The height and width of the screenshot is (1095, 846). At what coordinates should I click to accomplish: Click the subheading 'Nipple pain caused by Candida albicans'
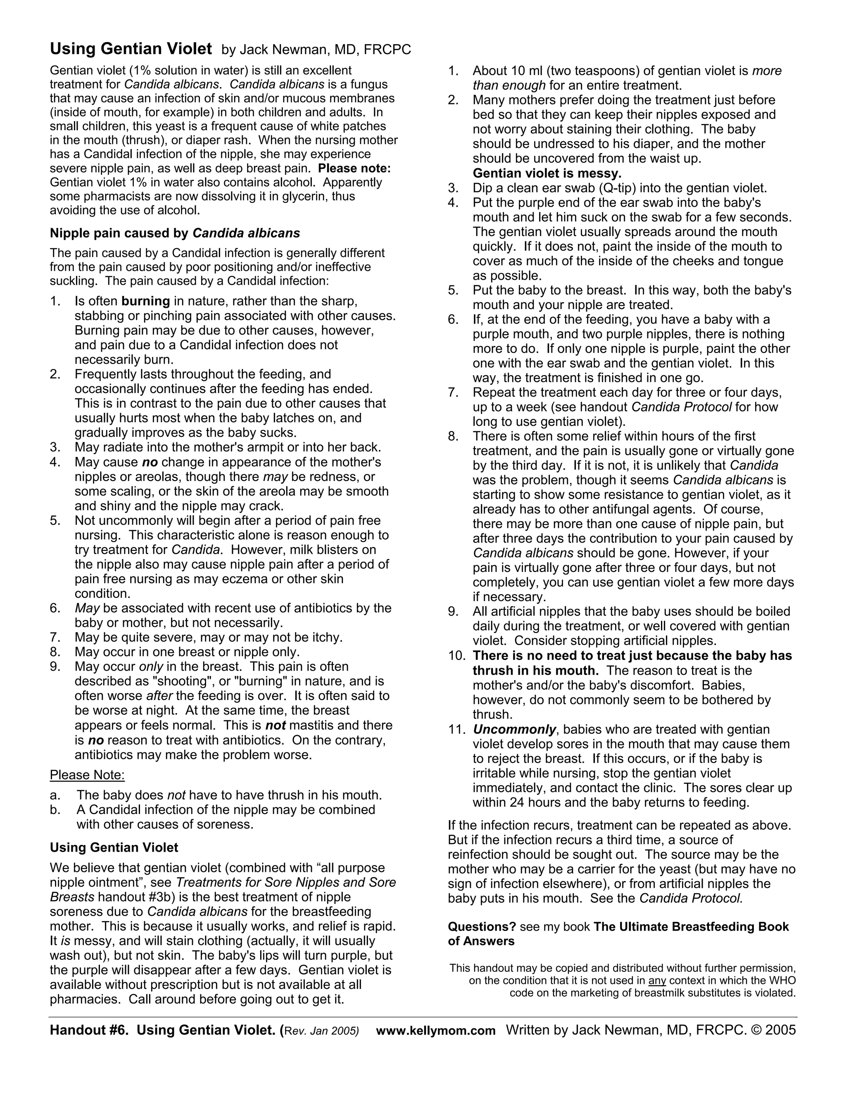pyautogui.click(x=174, y=233)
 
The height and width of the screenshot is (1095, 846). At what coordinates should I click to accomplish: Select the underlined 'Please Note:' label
pyautogui.click(x=87, y=775)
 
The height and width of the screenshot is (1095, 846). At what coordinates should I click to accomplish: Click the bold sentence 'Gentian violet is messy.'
pyautogui.click(x=547, y=174)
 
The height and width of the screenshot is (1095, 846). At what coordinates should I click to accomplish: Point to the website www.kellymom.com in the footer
pyautogui.click(x=435, y=1031)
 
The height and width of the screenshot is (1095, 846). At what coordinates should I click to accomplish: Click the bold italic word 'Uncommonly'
pyautogui.click(x=514, y=729)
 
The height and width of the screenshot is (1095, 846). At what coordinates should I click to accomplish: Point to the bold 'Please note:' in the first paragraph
pyautogui.click(x=354, y=169)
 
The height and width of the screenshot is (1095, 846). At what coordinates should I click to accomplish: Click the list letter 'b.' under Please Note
pyautogui.click(x=55, y=810)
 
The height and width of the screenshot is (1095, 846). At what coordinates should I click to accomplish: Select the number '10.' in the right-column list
pyautogui.click(x=457, y=656)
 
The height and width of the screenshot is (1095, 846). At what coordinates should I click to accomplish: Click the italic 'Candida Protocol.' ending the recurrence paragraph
pyautogui.click(x=691, y=898)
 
